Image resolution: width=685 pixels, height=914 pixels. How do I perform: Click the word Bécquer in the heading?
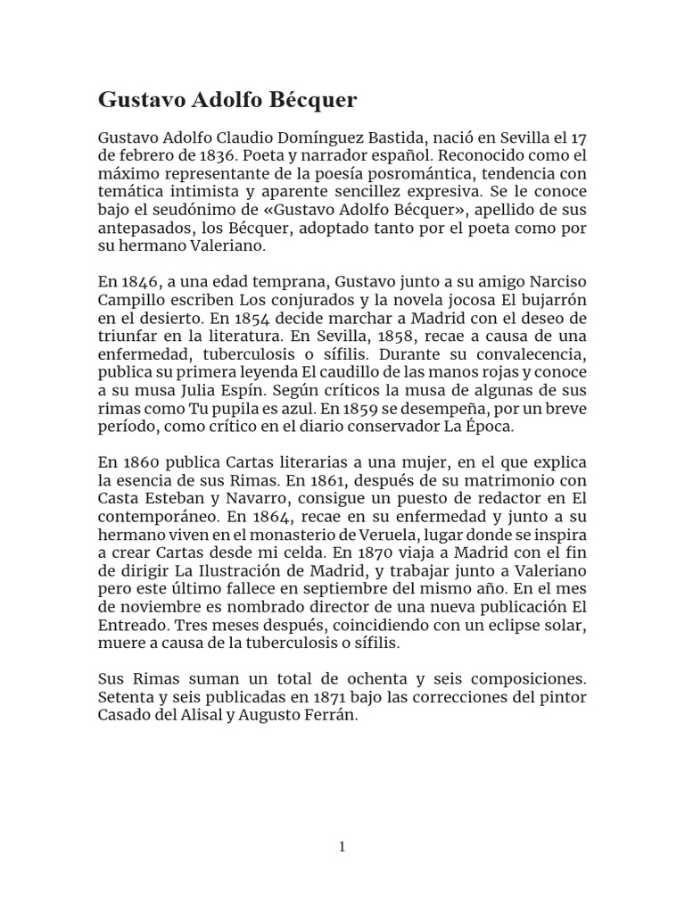(x=315, y=100)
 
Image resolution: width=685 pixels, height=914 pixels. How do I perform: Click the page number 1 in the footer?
(x=342, y=847)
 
